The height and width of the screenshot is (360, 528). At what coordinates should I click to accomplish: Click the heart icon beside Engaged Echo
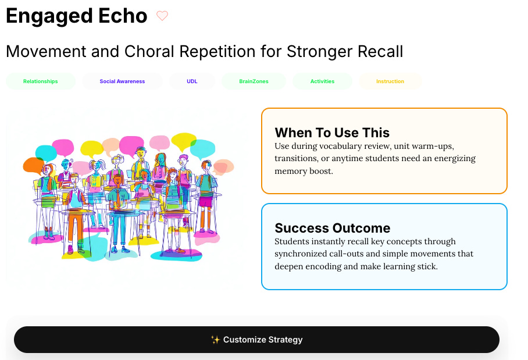(x=162, y=16)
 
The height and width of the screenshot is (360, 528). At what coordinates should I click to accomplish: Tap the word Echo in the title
(x=123, y=16)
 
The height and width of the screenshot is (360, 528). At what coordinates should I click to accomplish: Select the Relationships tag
(x=40, y=81)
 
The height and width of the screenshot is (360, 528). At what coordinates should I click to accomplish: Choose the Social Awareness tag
(x=122, y=81)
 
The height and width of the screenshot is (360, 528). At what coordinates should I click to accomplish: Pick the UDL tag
(x=192, y=81)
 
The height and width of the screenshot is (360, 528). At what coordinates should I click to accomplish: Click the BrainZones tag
(x=254, y=81)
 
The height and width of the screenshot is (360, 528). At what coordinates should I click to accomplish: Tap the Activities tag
(x=322, y=81)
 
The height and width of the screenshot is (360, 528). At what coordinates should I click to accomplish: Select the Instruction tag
(x=390, y=81)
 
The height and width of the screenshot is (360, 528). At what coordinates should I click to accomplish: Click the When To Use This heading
(x=332, y=133)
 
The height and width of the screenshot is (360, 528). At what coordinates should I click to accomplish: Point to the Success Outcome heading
(x=333, y=228)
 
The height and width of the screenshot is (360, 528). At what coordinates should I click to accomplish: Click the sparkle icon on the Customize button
(x=215, y=340)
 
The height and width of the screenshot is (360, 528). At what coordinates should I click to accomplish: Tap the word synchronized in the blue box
(x=301, y=254)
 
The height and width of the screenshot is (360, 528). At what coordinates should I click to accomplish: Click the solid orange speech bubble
(x=33, y=165)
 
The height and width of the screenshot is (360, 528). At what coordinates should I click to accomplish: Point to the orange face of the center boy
(x=118, y=180)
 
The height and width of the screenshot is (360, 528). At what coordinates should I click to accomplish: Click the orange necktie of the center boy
(x=118, y=199)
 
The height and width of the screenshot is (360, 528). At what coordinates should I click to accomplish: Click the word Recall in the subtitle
(x=380, y=52)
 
